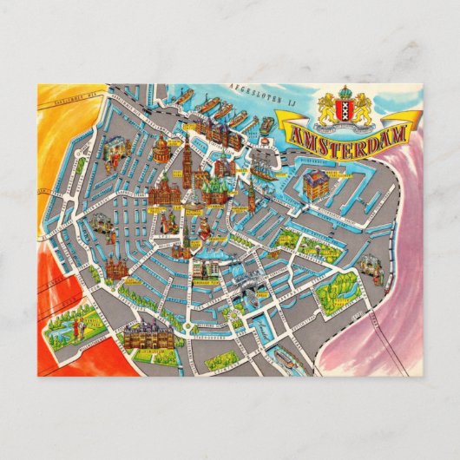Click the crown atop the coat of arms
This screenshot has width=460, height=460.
pos(347,90)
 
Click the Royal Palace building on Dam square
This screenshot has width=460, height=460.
pos(163,194)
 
